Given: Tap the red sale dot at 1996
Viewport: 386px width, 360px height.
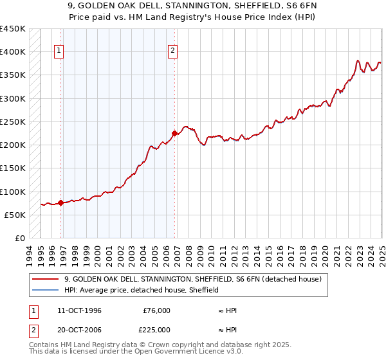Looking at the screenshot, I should click(60, 203).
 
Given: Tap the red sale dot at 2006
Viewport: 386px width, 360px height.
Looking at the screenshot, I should click(174, 133).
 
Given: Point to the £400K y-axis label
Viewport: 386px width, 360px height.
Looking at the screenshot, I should click(13, 52).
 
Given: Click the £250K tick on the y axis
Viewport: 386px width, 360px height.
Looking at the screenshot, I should click(13, 122).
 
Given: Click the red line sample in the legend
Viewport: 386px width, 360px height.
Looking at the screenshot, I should click(45, 279).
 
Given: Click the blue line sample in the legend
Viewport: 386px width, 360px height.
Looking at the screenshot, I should click(45, 290).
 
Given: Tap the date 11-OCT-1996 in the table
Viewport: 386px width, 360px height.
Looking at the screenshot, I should click(79, 310).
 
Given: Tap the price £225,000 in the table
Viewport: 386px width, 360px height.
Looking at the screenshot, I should click(156, 330).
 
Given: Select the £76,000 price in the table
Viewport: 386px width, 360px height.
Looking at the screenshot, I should click(156, 310).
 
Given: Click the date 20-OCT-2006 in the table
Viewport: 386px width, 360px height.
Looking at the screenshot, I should click(79, 330).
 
